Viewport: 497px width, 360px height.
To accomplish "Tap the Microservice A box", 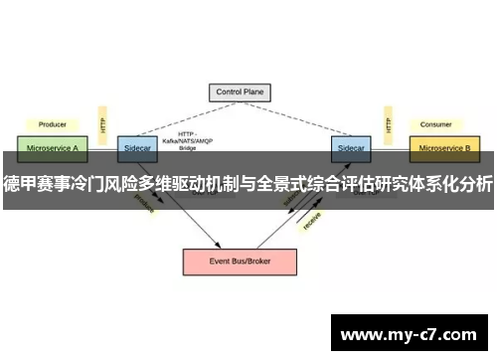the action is pos(53,148).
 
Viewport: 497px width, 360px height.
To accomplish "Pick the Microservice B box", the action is pos(445,148).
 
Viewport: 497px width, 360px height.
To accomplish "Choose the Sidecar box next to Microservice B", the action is pos(350,148).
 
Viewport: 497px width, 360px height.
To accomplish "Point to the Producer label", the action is pos(52,125).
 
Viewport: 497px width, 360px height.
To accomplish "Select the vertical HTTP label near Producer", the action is pos(102,123).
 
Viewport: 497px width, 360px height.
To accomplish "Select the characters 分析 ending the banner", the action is pos(474,183).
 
